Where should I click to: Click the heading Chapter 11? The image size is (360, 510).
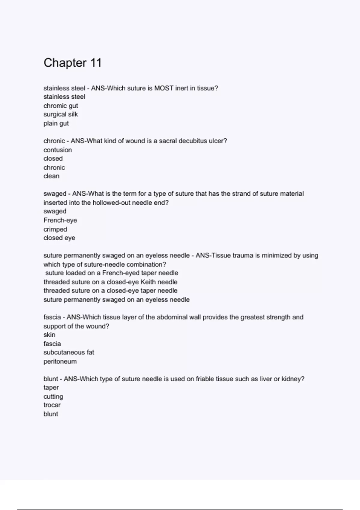click(x=73, y=63)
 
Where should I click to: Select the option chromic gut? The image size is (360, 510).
click(x=61, y=106)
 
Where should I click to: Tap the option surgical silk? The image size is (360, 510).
click(x=61, y=114)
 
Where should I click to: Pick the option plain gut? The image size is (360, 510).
click(x=56, y=123)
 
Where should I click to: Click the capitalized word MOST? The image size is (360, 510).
click(x=164, y=88)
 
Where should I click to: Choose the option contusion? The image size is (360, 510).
click(x=58, y=150)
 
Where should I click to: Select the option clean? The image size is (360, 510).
click(x=51, y=176)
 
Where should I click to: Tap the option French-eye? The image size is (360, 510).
click(x=60, y=220)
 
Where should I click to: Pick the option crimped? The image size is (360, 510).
click(x=55, y=229)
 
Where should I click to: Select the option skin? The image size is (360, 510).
click(x=49, y=335)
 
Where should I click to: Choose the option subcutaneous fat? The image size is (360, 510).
click(x=69, y=352)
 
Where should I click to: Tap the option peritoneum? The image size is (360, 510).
click(x=60, y=361)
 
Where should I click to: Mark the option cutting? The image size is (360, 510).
click(x=53, y=397)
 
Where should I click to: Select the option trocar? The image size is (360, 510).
click(x=52, y=405)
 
